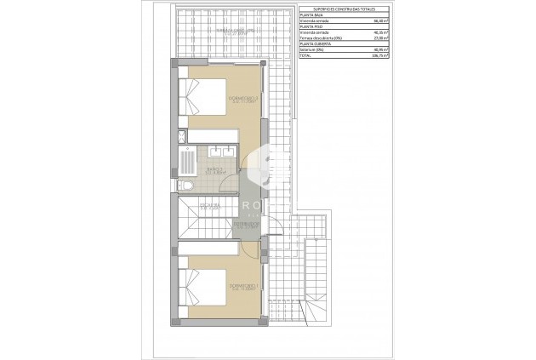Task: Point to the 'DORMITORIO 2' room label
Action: (x=243, y=100)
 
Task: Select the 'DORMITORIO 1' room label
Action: (x=243, y=286)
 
